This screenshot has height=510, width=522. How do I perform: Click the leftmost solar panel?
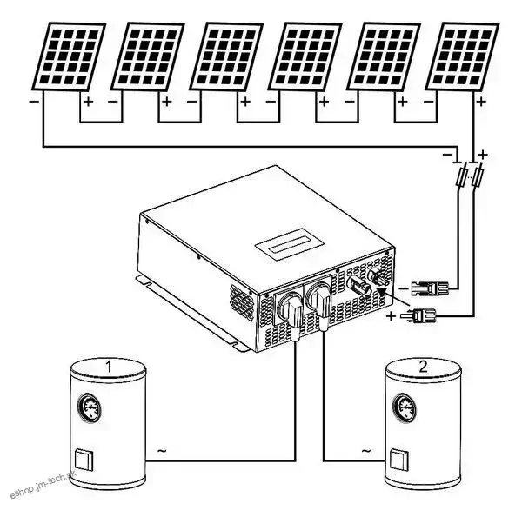[68, 55]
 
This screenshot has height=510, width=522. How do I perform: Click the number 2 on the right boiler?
[423, 368]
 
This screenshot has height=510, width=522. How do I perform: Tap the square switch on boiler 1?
[85, 457]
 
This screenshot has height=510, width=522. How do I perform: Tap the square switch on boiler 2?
[399, 456]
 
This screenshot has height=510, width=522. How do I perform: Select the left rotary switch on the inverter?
[289, 307]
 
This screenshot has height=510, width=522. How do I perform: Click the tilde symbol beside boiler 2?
[365, 452]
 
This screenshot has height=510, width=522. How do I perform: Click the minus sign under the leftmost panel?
[34, 102]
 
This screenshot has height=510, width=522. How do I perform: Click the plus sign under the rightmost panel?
[481, 102]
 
